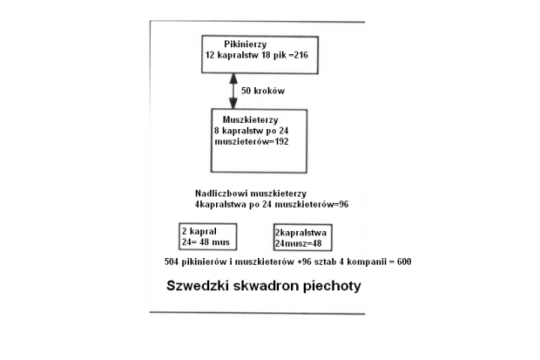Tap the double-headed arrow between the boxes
coord(233,90)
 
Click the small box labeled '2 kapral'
coord(207,236)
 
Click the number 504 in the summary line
coord(172,262)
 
